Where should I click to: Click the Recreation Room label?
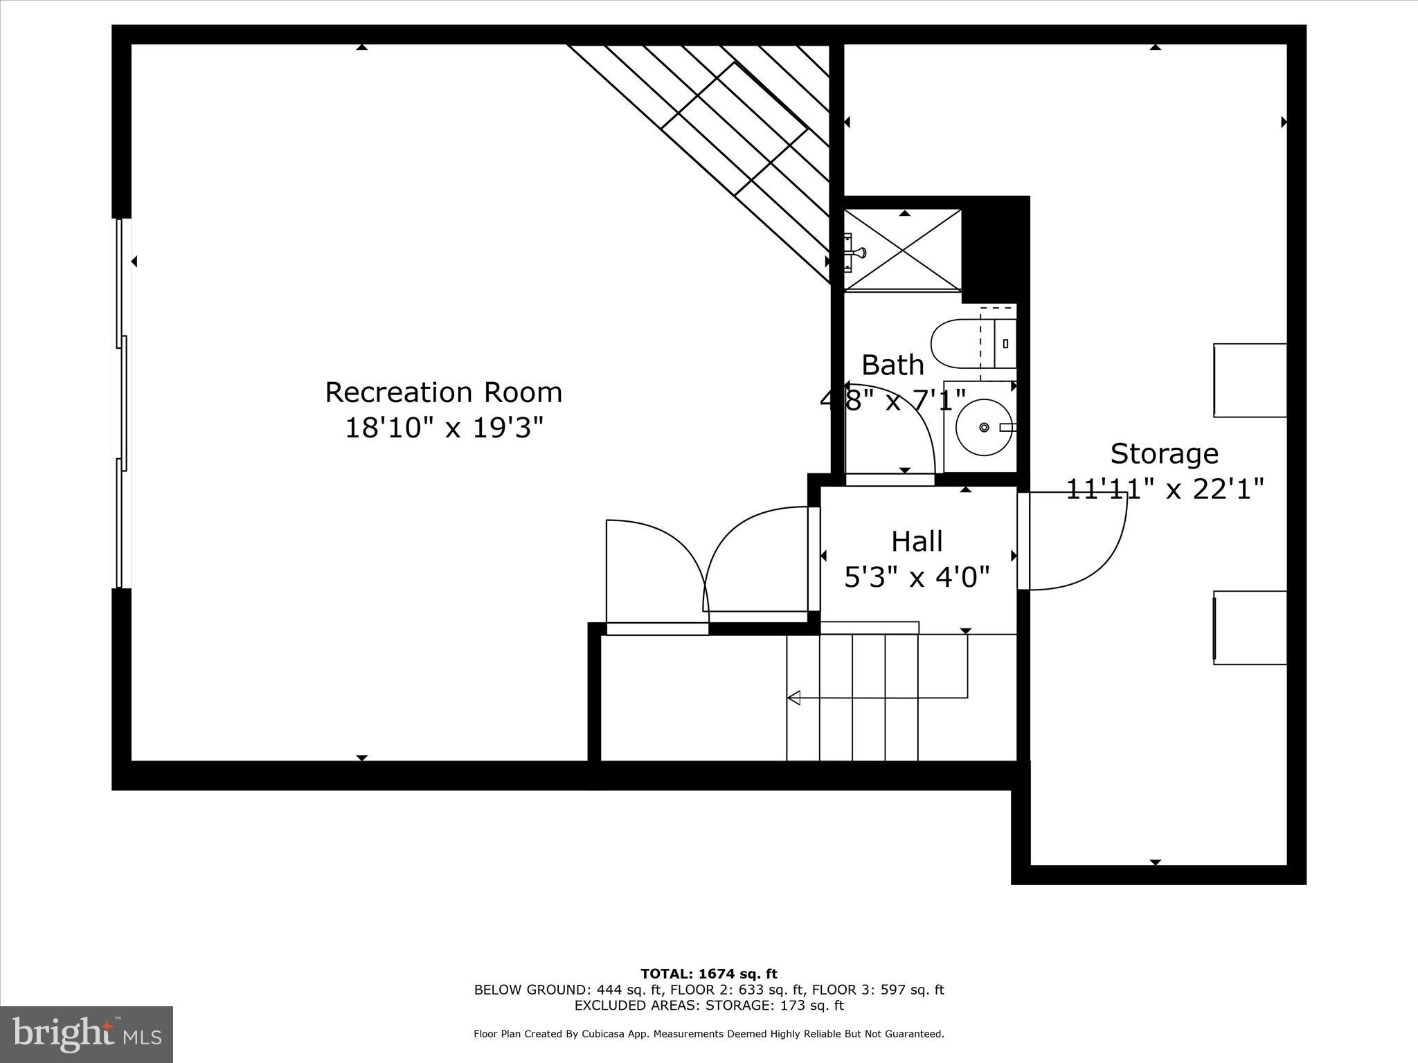tap(443, 392)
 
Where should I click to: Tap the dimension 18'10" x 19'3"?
tap(443, 428)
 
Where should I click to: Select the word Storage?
tap(1164, 454)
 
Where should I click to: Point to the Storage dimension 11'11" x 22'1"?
tap(1164, 489)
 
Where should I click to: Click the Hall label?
tap(917, 541)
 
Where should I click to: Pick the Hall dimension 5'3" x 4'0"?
tap(917, 576)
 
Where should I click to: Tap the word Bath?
tap(892, 365)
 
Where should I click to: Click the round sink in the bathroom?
tap(983, 427)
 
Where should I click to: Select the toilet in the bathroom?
tap(962, 343)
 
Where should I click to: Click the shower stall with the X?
tap(902, 250)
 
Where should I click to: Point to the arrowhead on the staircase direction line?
tap(794, 698)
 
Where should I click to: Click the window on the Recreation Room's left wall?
tap(121, 403)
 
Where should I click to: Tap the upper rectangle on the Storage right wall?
tap(1250, 380)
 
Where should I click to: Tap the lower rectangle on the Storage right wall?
tap(1250, 628)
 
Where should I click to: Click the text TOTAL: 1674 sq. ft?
tap(709, 974)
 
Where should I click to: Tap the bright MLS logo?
tap(86, 1035)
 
